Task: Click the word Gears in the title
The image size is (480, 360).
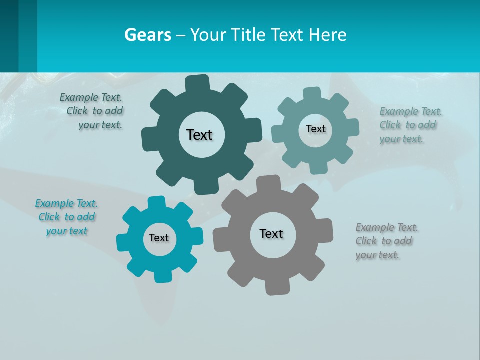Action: pos(148,35)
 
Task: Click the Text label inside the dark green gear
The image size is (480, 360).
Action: pos(199,135)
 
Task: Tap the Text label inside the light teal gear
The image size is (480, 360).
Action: pos(315,129)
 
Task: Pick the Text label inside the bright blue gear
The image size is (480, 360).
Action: pos(159,238)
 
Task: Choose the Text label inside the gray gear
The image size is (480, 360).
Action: pos(271,233)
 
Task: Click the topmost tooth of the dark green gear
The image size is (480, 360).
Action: pos(197,83)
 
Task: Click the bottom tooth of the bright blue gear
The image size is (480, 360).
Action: pos(161,276)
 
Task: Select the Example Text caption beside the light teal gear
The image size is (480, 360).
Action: pos(410,125)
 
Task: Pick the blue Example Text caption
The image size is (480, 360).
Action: pos(67,217)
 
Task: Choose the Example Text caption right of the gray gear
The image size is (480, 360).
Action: pos(386,241)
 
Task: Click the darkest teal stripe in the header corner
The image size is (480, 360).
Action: pos(9,36)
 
